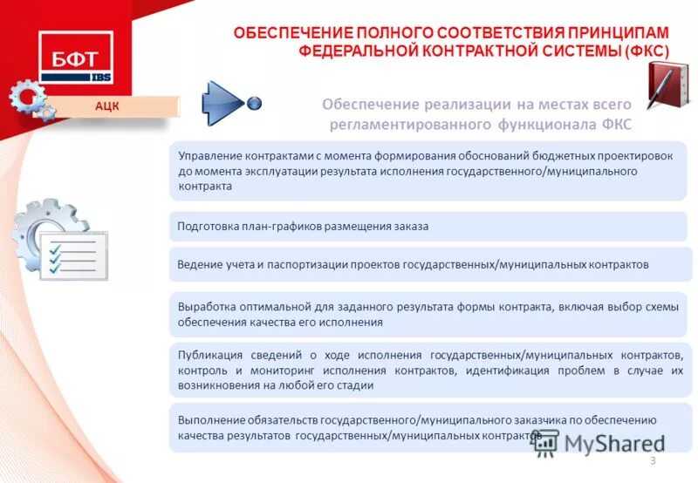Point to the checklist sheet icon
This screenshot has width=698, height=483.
pyautogui.click(x=76, y=255)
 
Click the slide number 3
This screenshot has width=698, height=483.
pyautogui.click(x=653, y=460)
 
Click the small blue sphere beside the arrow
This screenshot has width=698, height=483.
pyautogui.click(x=255, y=103)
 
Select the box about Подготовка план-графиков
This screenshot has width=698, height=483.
pyautogui.click(x=428, y=227)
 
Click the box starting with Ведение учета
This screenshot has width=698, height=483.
pyautogui.click(x=428, y=264)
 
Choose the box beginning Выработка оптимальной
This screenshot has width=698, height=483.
pyautogui.click(x=428, y=315)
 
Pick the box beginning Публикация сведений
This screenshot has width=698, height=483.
pyautogui.click(x=428, y=371)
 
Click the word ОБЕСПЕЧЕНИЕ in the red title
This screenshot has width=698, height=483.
pyautogui.click(x=286, y=33)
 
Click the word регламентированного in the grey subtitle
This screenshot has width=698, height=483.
pyautogui.click(x=406, y=126)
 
